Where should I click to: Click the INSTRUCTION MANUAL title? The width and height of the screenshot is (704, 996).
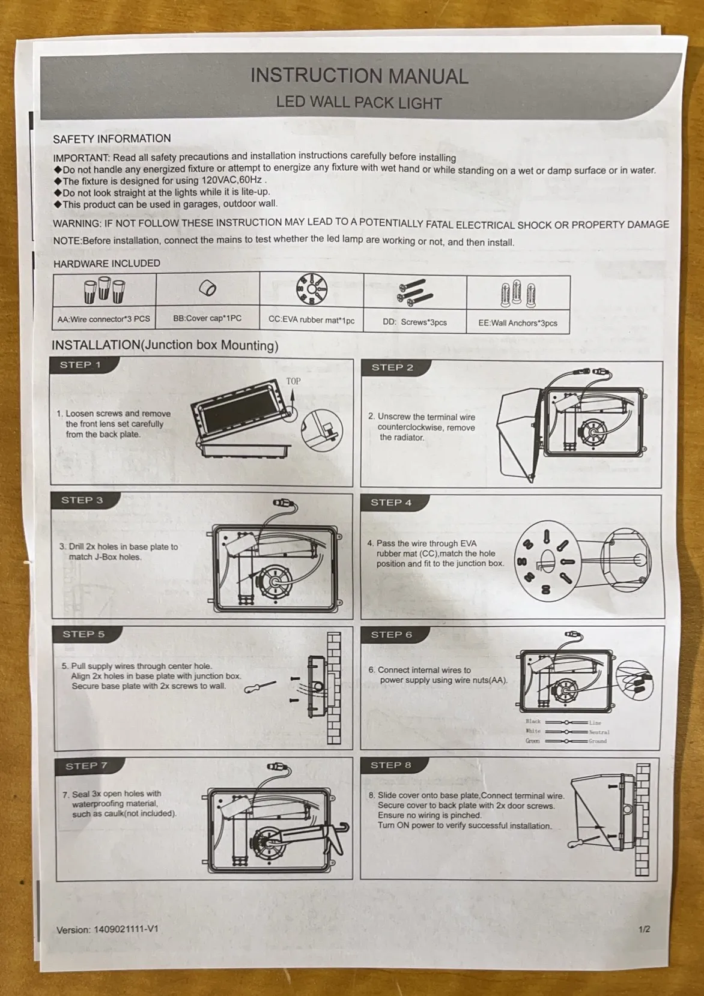pyautogui.click(x=359, y=76)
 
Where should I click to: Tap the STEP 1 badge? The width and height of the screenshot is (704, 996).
pyautogui.click(x=80, y=365)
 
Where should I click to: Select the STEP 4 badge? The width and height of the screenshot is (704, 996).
pyautogui.click(x=391, y=503)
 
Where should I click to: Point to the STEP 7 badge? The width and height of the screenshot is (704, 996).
pyautogui.click(x=86, y=766)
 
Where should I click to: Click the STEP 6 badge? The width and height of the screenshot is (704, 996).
pyautogui.click(x=391, y=635)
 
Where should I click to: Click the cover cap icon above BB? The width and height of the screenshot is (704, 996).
pyautogui.click(x=208, y=288)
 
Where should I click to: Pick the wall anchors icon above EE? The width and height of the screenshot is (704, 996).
pyautogui.click(x=518, y=294)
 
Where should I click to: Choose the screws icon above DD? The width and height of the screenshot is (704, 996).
pyautogui.click(x=414, y=292)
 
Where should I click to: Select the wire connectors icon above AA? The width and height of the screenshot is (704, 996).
pyautogui.click(x=104, y=290)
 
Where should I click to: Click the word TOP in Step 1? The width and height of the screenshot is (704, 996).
pyautogui.click(x=293, y=381)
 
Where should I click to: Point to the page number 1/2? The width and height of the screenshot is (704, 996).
pyautogui.click(x=645, y=929)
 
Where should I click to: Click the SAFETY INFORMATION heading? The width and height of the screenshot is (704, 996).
pyautogui.click(x=112, y=139)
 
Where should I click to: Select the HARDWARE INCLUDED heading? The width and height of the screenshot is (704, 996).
pyautogui.click(x=107, y=264)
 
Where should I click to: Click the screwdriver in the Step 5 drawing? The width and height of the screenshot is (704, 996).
pyautogui.click(x=260, y=687)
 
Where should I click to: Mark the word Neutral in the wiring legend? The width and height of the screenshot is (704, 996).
pyautogui.click(x=599, y=732)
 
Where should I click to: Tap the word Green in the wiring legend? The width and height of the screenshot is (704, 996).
pyautogui.click(x=533, y=741)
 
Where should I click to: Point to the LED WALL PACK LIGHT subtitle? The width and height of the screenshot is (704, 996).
pyautogui.click(x=359, y=103)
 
